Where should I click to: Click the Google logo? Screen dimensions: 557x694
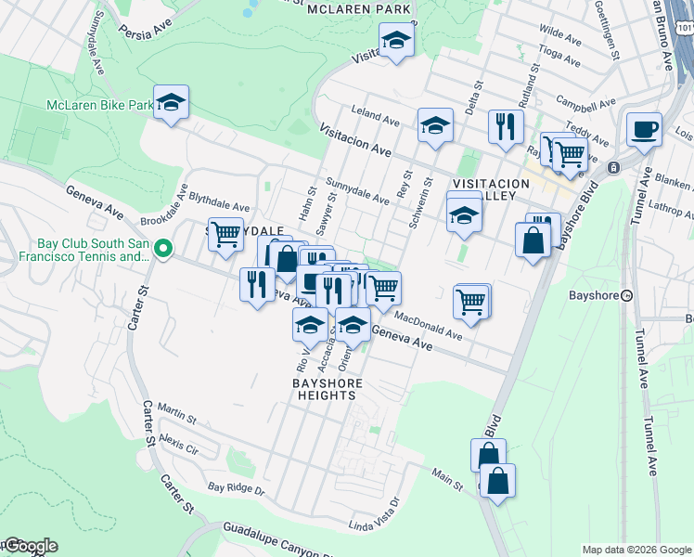pos(30,546)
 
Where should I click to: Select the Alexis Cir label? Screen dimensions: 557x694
pos(179,438)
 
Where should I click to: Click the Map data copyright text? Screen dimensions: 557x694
pos(636,550)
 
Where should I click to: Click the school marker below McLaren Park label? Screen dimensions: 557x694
pos(396,40)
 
